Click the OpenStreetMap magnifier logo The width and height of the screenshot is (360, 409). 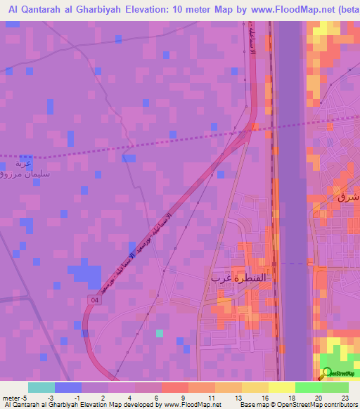coord(326,373)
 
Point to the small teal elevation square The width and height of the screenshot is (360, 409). coord(160,333)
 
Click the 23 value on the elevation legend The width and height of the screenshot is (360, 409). coord(346,397)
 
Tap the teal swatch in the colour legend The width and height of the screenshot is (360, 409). coord(41,387)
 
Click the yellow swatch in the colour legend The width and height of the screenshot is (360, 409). coord(281,387)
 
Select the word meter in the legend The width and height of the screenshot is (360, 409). coord(12,397)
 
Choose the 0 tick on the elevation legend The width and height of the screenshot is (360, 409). coord(76,397)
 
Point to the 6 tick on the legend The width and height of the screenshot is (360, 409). coord(156,397)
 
